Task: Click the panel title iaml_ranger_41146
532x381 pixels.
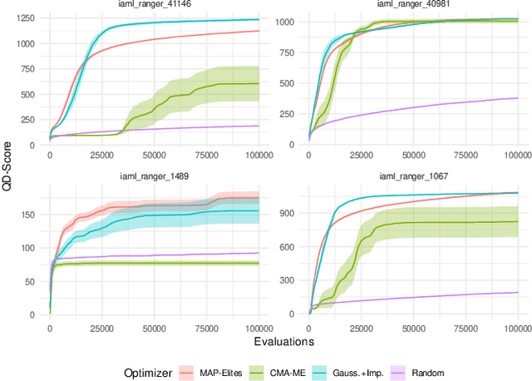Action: click(x=154, y=6)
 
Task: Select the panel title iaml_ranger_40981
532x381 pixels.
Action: click(x=413, y=6)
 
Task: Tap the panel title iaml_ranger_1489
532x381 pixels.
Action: click(x=154, y=176)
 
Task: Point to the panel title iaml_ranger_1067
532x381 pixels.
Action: click(x=413, y=176)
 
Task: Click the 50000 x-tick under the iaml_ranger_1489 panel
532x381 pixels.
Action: click(x=154, y=325)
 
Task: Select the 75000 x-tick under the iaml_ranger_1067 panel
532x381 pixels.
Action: click(x=465, y=325)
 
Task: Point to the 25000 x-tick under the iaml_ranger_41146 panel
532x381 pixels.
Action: click(x=101, y=155)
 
